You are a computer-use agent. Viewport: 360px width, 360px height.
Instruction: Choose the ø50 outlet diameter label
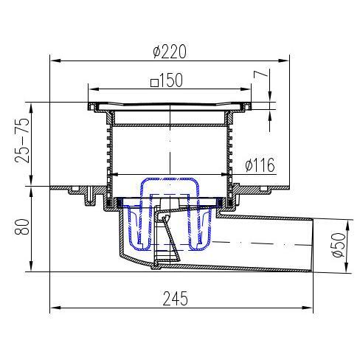pyautogui.click(x=338, y=243)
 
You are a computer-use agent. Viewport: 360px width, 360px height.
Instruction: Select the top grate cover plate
pyautogui.click(x=170, y=105)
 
